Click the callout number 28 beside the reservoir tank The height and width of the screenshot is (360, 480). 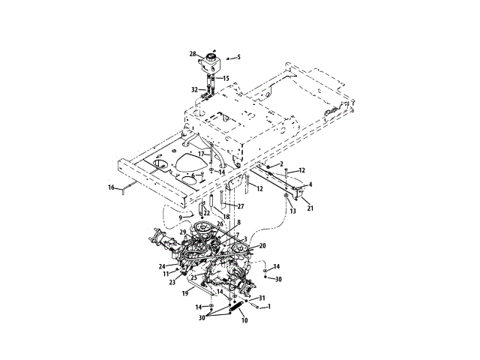[x=193, y=54]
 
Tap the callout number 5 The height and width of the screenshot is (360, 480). [x=239, y=57]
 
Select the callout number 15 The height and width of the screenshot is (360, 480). [x=226, y=79]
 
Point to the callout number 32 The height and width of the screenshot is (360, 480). [x=195, y=89]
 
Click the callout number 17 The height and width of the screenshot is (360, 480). [x=201, y=154]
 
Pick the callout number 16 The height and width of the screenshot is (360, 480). [x=111, y=187]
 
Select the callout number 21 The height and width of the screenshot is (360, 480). [x=310, y=208]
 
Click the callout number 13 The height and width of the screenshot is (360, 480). [x=293, y=211]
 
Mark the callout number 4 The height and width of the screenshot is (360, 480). [x=310, y=184]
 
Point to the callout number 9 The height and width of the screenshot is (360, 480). [x=180, y=217]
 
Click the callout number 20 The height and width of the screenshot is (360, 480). [x=262, y=246]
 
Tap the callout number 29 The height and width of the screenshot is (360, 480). [x=183, y=233]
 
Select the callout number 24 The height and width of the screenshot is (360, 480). [x=162, y=265]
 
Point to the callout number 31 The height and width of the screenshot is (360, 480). [x=262, y=298]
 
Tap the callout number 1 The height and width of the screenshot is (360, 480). [x=270, y=306]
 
